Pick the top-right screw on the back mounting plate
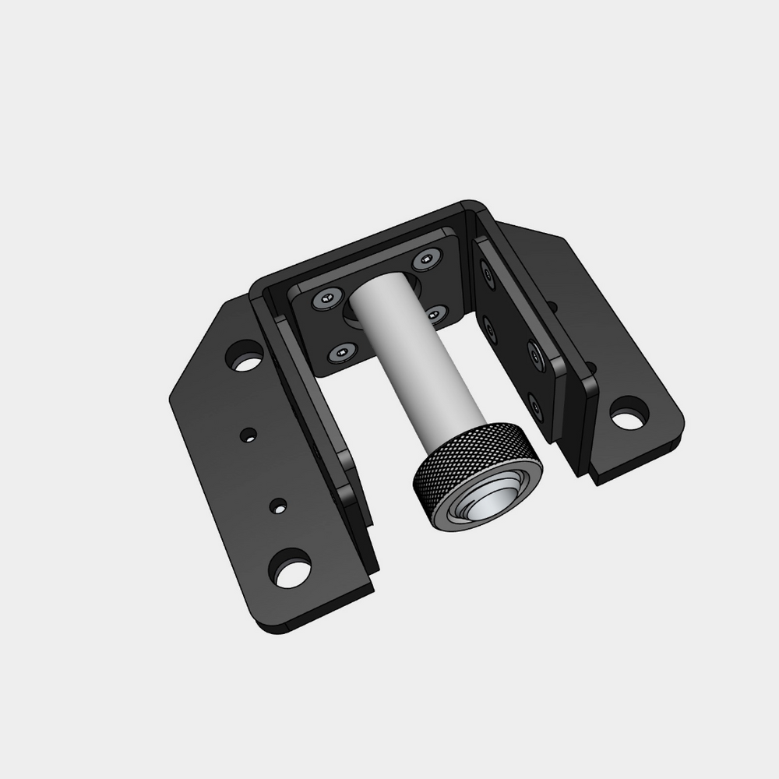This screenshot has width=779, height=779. click(426, 260)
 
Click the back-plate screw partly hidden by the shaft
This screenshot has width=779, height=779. click(435, 313)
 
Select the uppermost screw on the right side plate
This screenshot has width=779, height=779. click(488, 273)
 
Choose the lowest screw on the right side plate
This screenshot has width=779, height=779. click(534, 404)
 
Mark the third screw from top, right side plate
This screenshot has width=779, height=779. click(537, 354)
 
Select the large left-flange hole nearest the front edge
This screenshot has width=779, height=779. click(288, 569)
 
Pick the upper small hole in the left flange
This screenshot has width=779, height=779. click(249, 432)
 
